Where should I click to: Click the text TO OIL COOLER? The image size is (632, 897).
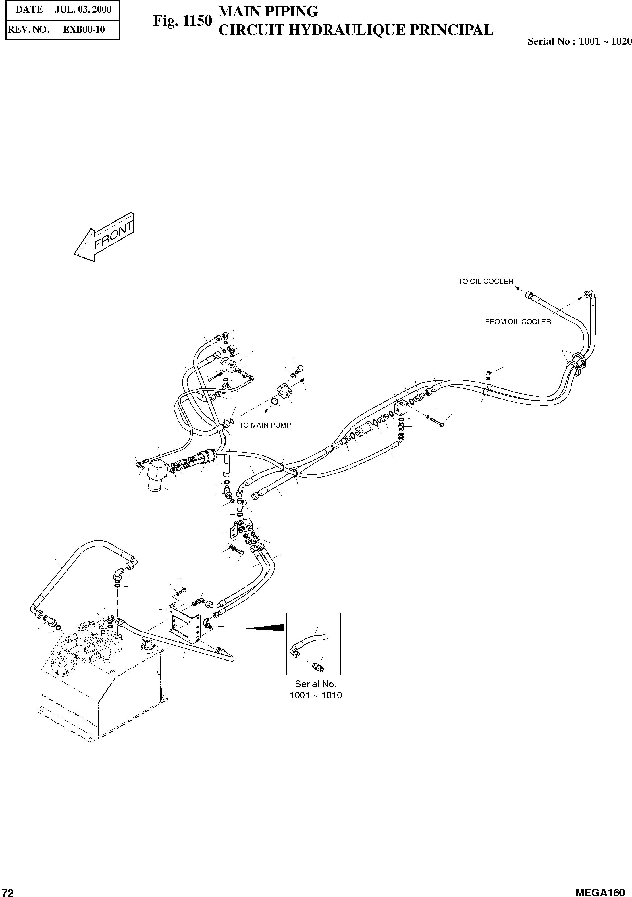[x=485, y=281]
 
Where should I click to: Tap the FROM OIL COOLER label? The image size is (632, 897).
[x=517, y=322]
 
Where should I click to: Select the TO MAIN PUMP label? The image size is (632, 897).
[x=265, y=425]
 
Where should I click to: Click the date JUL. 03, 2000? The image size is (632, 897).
[x=83, y=9]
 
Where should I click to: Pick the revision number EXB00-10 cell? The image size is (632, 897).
[x=84, y=29]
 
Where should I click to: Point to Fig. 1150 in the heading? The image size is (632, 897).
[x=182, y=21]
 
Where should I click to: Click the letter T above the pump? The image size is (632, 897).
[x=117, y=603]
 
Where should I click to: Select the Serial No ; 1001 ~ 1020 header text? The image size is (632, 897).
[x=579, y=41]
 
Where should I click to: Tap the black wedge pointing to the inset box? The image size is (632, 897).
[x=266, y=628]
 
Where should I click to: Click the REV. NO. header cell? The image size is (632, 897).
[x=28, y=29]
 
